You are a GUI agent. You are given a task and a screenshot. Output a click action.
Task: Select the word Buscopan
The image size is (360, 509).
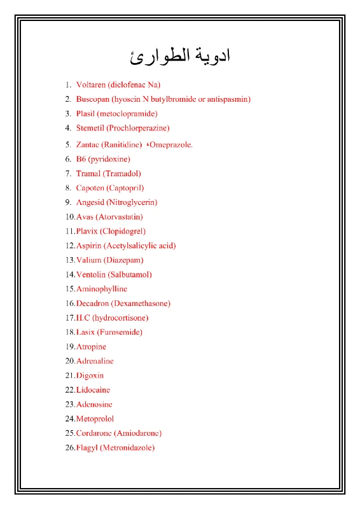93,99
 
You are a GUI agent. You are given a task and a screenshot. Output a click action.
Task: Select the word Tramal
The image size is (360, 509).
88,173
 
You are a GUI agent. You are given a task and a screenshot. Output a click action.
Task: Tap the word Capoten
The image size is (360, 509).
90,188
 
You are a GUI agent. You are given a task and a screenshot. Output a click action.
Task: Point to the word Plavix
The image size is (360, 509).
87,231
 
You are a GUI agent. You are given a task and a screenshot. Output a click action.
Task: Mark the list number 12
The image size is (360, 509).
69,246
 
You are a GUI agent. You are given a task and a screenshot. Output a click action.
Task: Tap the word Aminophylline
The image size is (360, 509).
102,289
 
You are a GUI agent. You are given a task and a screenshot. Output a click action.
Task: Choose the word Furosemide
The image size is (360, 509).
120,332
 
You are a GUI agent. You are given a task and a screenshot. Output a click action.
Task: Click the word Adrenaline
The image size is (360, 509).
95,361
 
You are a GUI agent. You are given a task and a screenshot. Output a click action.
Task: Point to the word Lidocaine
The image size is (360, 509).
93,389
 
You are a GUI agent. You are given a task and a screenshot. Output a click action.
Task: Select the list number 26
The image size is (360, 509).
69,447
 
